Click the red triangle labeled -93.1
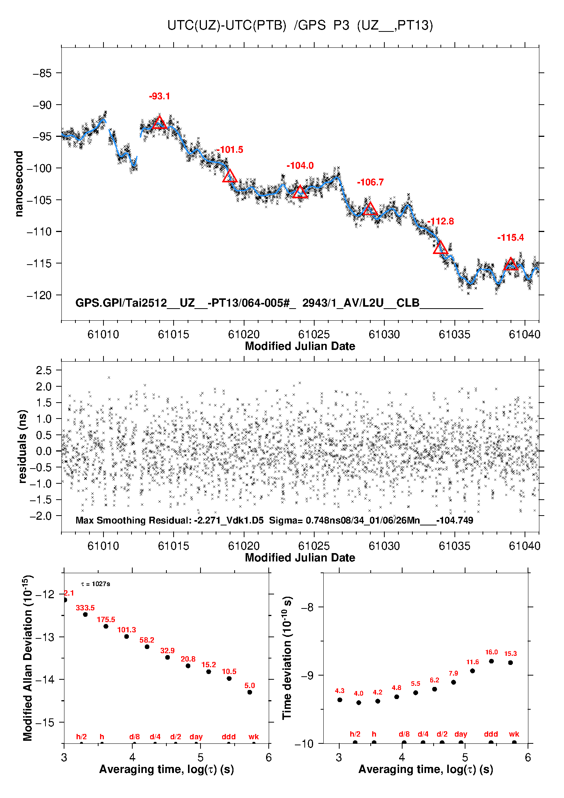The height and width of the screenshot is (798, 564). click(159, 123)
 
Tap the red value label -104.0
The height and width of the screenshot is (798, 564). click(300, 166)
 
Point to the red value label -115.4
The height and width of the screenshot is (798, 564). click(510, 238)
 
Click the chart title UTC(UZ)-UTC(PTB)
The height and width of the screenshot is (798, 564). click(227, 25)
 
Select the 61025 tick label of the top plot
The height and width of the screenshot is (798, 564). click(314, 334)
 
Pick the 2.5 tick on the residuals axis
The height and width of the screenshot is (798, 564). click(43, 370)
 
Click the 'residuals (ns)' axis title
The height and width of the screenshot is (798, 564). click(22, 446)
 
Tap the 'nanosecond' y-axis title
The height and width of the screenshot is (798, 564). click(19, 183)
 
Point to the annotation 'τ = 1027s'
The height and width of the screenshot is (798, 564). click(96, 584)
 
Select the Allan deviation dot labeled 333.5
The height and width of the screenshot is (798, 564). click(85, 615)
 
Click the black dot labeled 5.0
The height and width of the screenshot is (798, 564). click(250, 692)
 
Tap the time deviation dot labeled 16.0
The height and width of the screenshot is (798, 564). click(491, 661)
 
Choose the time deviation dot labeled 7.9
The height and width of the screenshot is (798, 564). click(453, 682)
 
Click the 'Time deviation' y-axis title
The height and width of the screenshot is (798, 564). click(287, 658)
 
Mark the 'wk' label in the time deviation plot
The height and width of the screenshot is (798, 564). click(514, 734)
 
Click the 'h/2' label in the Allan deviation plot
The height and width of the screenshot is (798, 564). click(81, 737)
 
